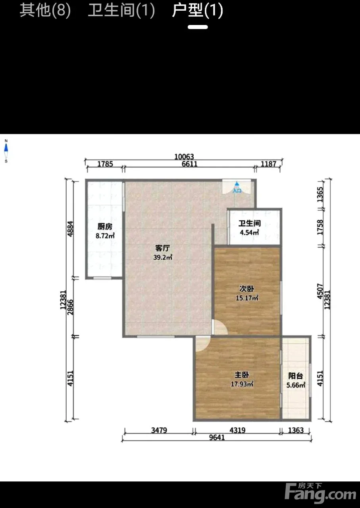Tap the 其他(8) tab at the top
[45, 10]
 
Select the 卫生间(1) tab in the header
[121, 10]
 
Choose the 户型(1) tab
[198, 10]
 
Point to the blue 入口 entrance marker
[237, 187]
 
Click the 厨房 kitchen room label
[105, 227]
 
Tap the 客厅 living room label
[162, 248]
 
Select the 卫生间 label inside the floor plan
[250, 223]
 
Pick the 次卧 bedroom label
[247, 289]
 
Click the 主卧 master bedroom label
[242, 375]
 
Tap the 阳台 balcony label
[296, 376]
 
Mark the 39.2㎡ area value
[163, 257]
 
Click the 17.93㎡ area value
[242, 384]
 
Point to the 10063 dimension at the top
[184, 157]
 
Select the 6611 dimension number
[189, 164]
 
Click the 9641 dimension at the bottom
[217, 437]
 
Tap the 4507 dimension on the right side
[320, 291]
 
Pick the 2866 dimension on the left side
[71, 307]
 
